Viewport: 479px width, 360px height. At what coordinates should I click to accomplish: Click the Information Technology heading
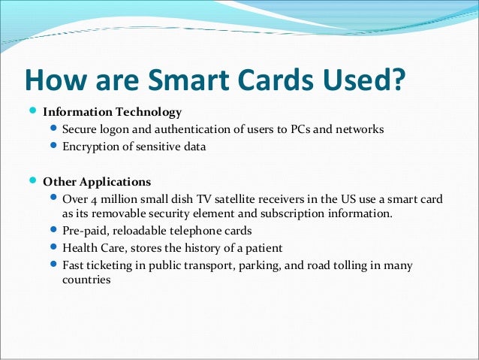(x=112, y=113)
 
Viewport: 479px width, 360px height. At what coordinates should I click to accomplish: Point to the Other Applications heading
(x=97, y=182)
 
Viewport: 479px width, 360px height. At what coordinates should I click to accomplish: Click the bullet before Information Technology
(x=32, y=112)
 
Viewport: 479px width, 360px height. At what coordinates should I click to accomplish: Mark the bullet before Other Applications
(x=32, y=181)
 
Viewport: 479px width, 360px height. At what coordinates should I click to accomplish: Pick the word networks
(x=360, y=130)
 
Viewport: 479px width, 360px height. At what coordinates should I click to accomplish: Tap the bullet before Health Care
(x=53, y=247)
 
